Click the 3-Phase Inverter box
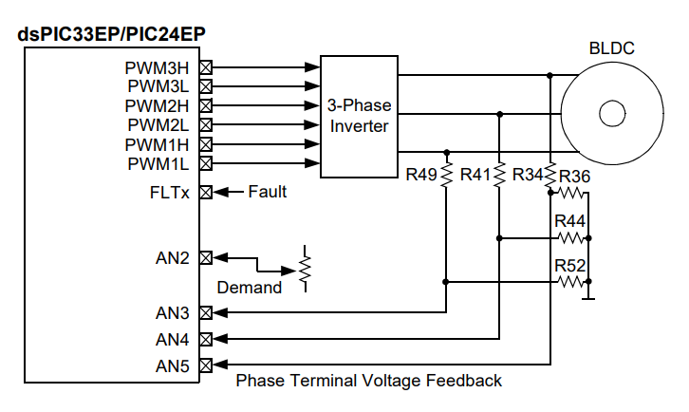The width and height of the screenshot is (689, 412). [358, 115]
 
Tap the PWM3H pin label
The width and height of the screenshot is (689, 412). [157, 67]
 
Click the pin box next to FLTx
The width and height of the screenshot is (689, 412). [205, 192]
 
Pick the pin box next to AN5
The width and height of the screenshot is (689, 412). [205, 365]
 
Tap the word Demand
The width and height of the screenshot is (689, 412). [249, 288]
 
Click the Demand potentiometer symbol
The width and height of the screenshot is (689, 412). [305, 270]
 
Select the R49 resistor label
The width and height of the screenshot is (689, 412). [421, 175]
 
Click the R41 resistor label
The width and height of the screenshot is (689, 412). [475, 175]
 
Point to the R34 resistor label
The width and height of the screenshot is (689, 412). [528, 175]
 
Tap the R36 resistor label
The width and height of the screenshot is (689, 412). [574, 176]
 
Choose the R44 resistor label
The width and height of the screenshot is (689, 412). [570, 220]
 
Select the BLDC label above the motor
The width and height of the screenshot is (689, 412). [612, 48]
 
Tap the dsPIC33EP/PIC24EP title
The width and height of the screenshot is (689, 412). [113, 35]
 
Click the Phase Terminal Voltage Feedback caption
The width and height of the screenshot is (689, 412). [368, 381]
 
